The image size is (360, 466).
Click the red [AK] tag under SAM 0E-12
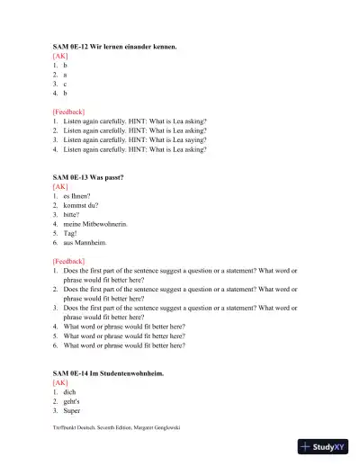60,56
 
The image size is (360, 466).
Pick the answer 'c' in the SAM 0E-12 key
65,84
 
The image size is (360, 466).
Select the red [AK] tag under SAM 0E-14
60,382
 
